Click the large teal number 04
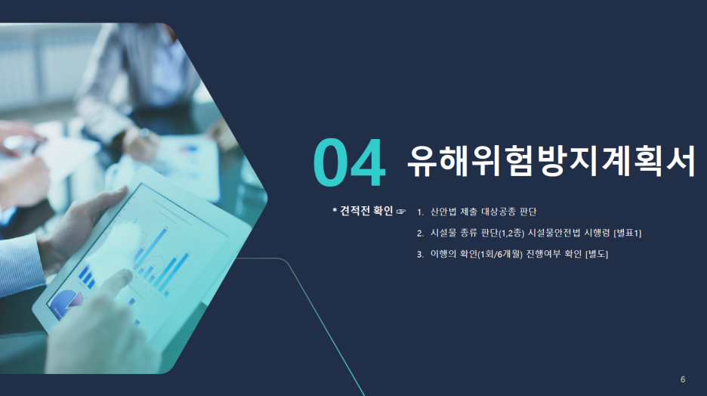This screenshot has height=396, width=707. (350, 162)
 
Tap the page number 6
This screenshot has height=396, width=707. (683, 379)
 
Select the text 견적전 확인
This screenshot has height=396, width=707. (366, 211)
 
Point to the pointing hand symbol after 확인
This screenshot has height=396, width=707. (401, 211)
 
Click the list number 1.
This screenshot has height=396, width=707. (420, 212)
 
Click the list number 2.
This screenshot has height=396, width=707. (420, 234)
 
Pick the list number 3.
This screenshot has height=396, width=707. (420, 255)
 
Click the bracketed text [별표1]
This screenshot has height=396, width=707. (628, 233)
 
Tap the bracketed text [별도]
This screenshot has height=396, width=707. (597, 254)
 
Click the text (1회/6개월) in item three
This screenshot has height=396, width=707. (500, 254)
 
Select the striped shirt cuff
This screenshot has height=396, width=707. (20, 266)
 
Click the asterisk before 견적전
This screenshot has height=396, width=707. (335, 210)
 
